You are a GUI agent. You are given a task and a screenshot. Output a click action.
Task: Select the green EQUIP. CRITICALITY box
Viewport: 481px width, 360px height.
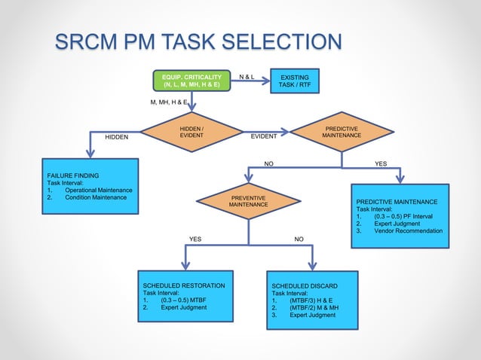(191, 81)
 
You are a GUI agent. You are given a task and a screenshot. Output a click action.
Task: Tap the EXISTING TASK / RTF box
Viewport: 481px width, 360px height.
(294, 81)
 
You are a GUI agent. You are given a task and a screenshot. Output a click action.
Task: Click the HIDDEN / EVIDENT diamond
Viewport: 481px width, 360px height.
(191, 132)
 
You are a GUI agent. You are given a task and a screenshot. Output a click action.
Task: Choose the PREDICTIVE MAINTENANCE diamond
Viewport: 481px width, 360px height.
(341, 132)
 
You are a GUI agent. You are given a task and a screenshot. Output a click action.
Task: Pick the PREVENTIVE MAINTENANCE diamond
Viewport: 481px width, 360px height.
(248, 201)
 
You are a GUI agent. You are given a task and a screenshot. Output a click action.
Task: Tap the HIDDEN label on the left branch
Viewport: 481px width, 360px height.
(117, 137)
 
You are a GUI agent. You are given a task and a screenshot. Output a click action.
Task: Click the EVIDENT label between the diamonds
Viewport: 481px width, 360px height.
(264, 137)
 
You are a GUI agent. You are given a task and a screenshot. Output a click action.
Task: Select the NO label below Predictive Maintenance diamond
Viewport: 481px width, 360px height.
(268, 163)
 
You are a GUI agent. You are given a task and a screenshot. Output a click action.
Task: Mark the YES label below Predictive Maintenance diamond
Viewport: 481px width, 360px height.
(381, 163)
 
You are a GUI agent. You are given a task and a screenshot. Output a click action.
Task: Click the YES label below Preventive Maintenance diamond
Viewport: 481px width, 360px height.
(195, 239)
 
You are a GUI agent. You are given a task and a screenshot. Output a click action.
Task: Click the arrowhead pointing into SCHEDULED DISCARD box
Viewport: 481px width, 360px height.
(314, 264)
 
